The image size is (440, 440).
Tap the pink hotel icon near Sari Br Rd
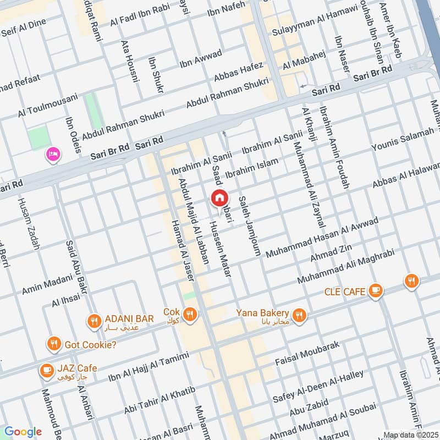pos(53,154)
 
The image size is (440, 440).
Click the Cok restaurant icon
pos(190,314)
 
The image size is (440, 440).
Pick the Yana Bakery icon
pos(299,315)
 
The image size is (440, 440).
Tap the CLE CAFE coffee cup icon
pos(376,290)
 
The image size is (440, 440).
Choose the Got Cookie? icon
pos(53,344)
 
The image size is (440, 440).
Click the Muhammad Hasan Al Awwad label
pos(322,237)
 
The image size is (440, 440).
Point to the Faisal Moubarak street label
pos(308,354)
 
